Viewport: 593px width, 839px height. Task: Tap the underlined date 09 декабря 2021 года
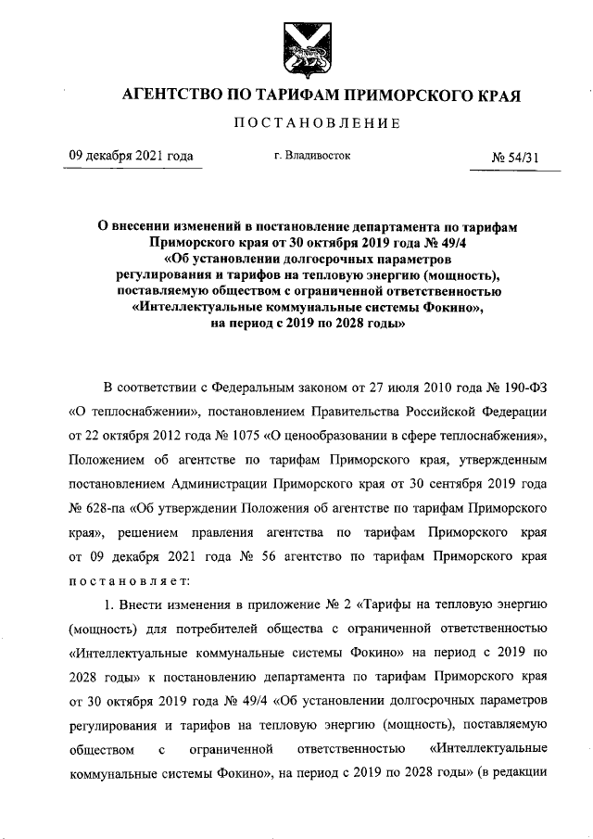pos(132,156)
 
